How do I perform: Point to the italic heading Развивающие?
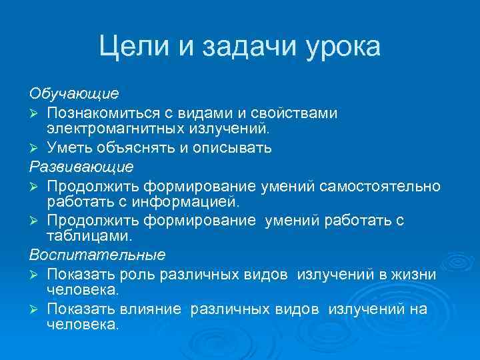coord(81,165)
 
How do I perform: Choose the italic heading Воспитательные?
coord(97,255)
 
